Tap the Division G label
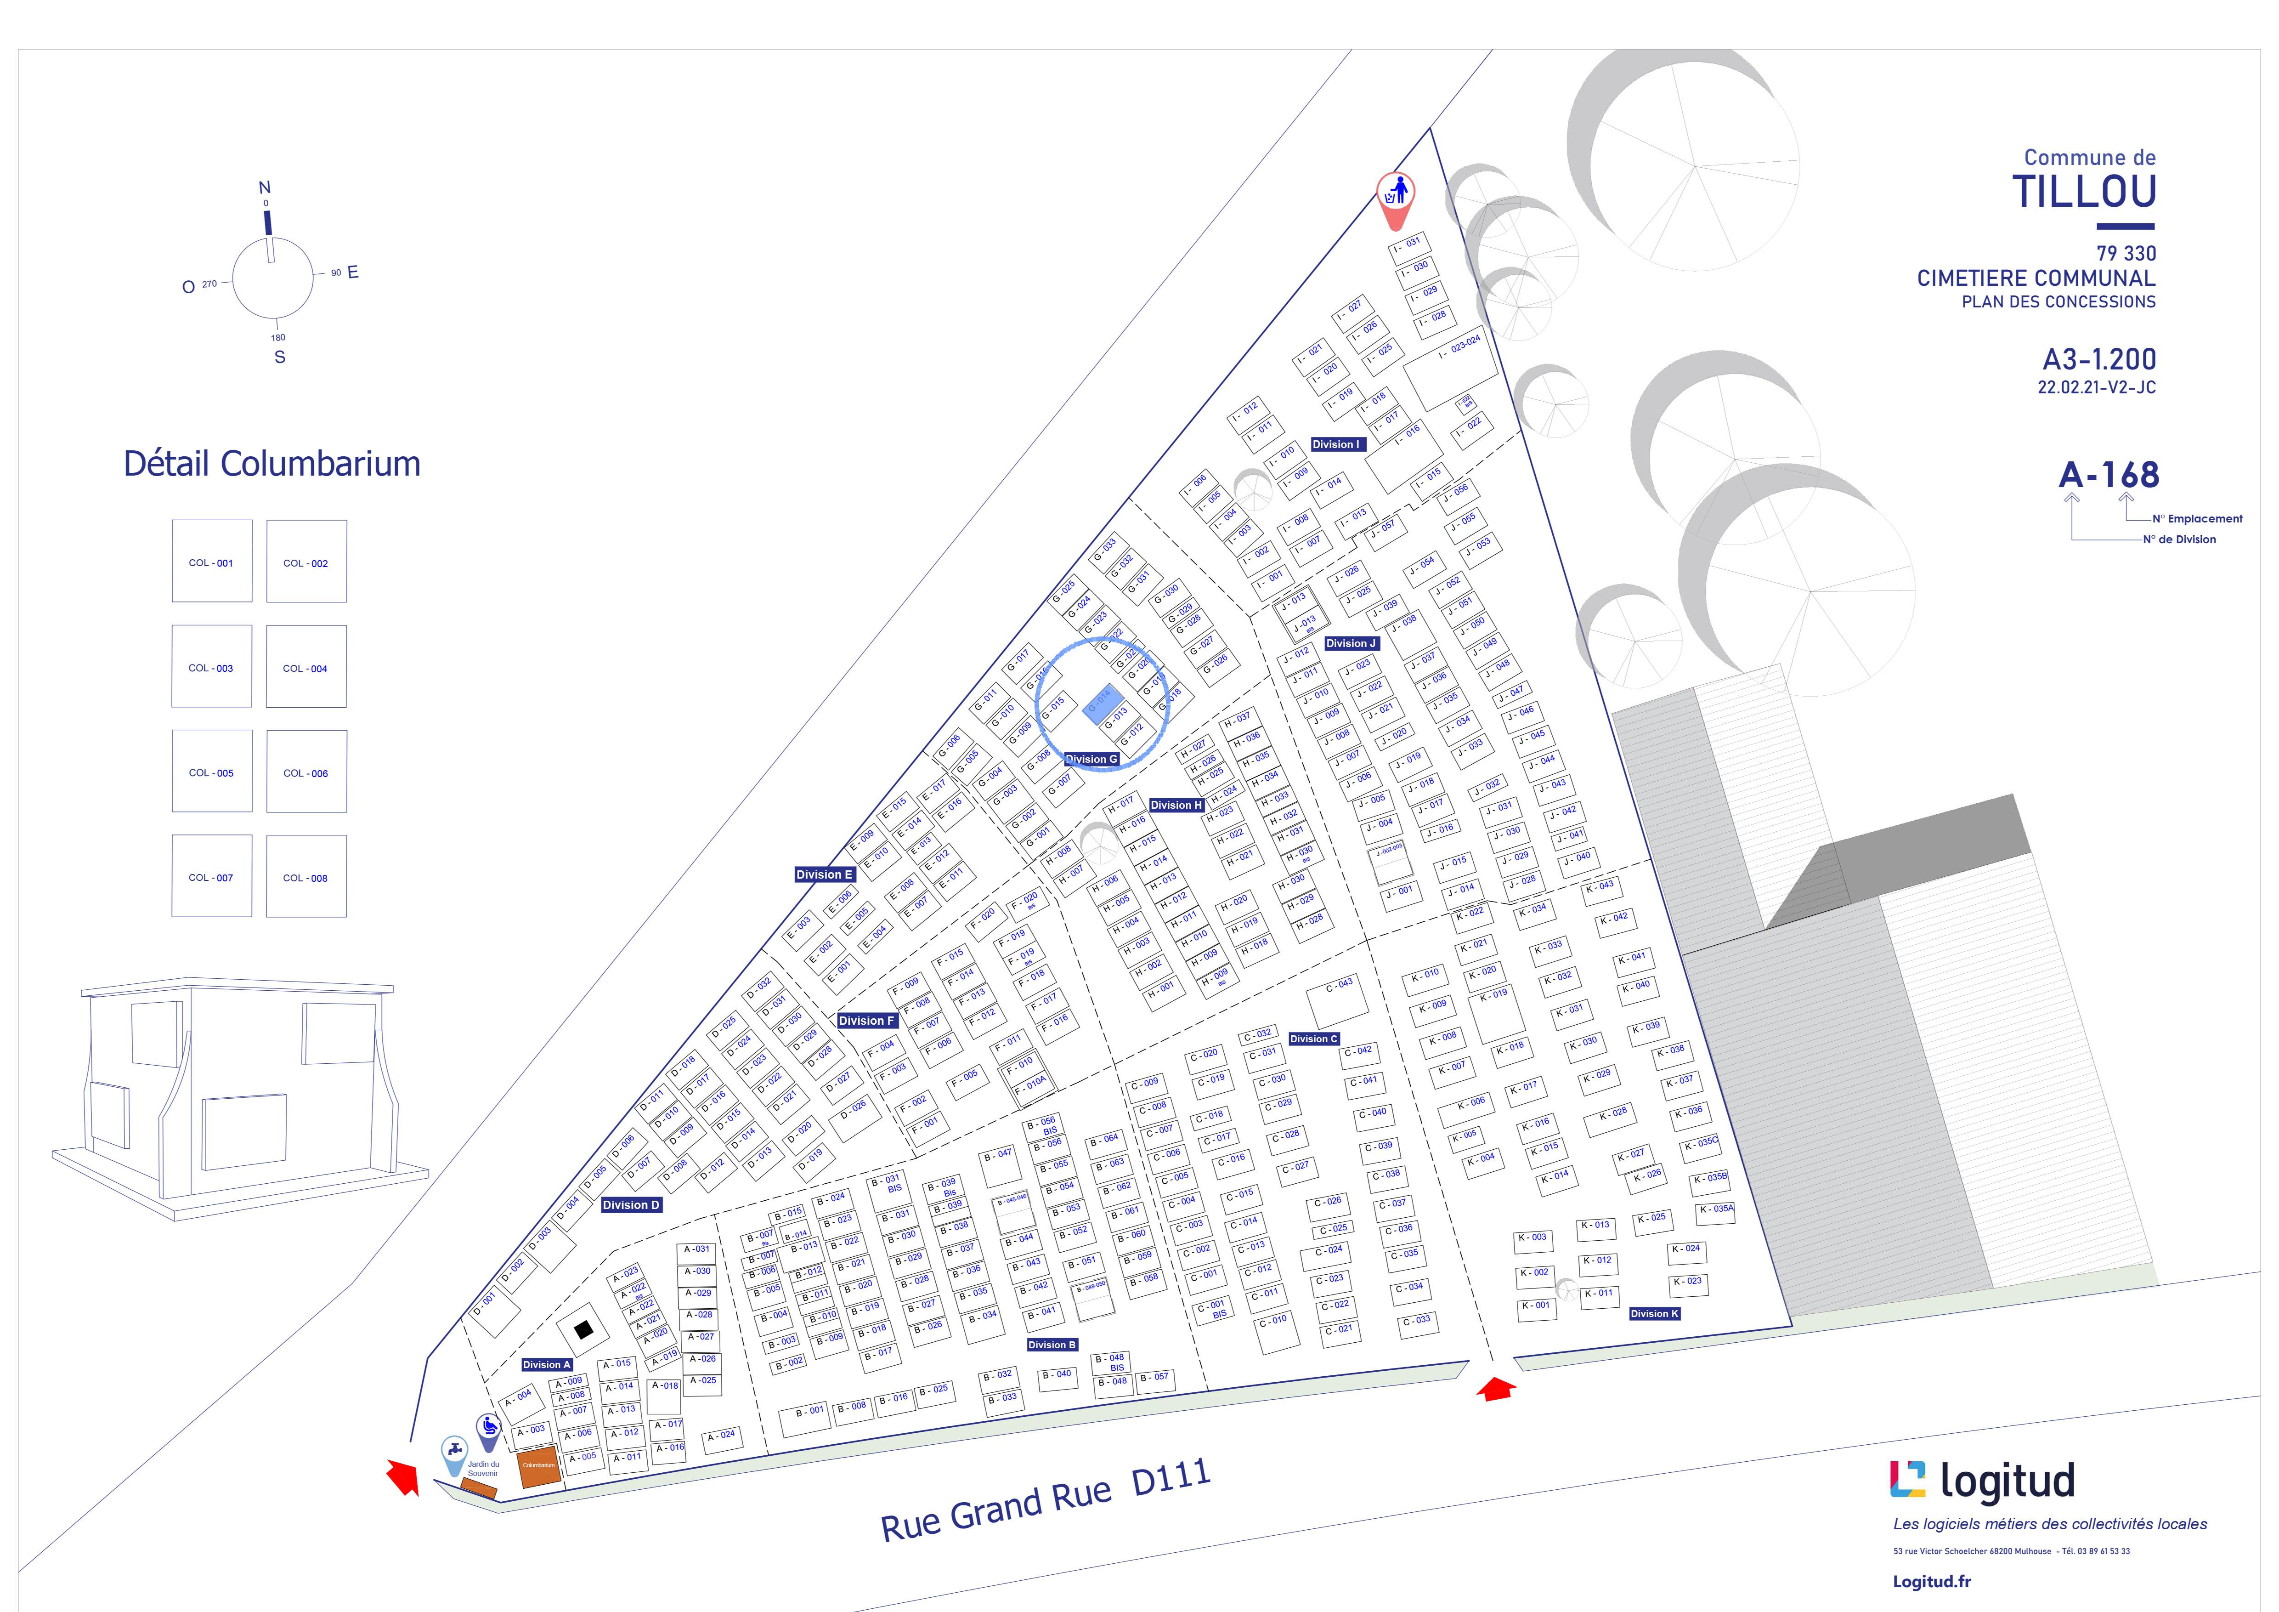point(1092,759)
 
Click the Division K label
point(1654,1313)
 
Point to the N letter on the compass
point(264,187)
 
